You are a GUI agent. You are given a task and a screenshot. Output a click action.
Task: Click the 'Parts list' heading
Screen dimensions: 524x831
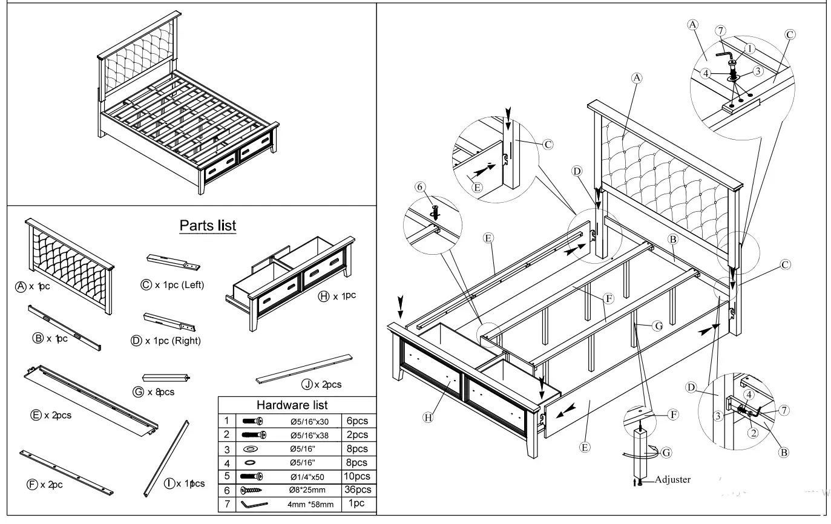pos(208,226)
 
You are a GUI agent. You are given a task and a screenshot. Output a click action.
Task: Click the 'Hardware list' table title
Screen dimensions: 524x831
pos(292,405)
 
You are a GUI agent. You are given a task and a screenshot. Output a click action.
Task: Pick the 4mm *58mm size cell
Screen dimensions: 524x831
pos(310,504)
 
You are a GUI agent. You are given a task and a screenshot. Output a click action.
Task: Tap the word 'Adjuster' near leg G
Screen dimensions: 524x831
pos(672,480)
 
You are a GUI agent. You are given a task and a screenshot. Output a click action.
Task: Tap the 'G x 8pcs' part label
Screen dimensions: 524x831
pos(154,392)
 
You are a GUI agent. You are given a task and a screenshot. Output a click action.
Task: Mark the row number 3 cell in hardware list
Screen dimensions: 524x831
pos(226,449)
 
